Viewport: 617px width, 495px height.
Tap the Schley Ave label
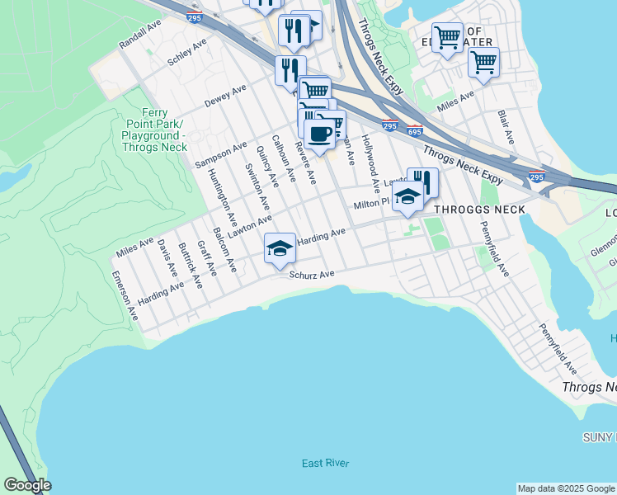pyautogui.click(x=186, y=52)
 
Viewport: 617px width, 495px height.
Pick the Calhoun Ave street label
pyautogui.click(x=283, y=161)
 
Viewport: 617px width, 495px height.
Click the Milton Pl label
pyautogui.click(x=370, y=203)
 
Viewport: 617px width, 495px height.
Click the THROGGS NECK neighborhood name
pyautogui.click(x=479, y=210)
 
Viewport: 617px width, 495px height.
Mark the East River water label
pyautogui.click(x=326, y=463)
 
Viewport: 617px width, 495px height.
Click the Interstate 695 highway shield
pyautogui.click(x=414, y=131)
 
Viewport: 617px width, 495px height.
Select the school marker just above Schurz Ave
pyautogui.click(x=280, y=247)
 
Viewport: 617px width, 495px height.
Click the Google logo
pyautogui.click(x=27, y=485)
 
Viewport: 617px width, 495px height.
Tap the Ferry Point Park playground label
pyautogui.click(x=155, y=130)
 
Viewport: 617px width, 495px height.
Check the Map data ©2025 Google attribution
pyautogui.click(x=566, y=488)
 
